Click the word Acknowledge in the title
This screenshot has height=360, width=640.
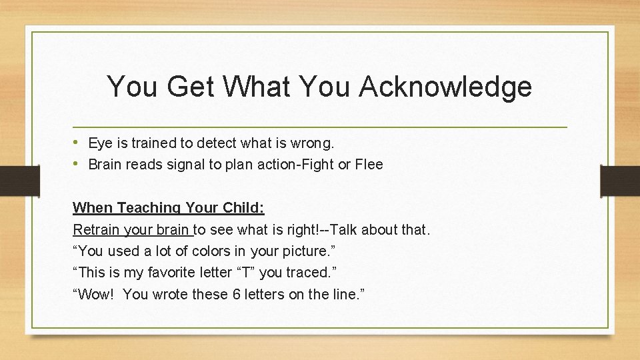coord(445,87)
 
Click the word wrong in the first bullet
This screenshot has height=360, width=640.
coord(313,143)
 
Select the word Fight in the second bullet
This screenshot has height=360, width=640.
coord(323,164)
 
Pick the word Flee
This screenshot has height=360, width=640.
coord(369,164)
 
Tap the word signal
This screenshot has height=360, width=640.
coord(187,164)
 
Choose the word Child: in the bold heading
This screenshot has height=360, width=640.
coord(244,208)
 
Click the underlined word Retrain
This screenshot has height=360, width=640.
coord(95,230)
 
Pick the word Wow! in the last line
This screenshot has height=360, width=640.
coord(94,295)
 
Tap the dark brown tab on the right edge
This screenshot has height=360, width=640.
coord(619,181)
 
